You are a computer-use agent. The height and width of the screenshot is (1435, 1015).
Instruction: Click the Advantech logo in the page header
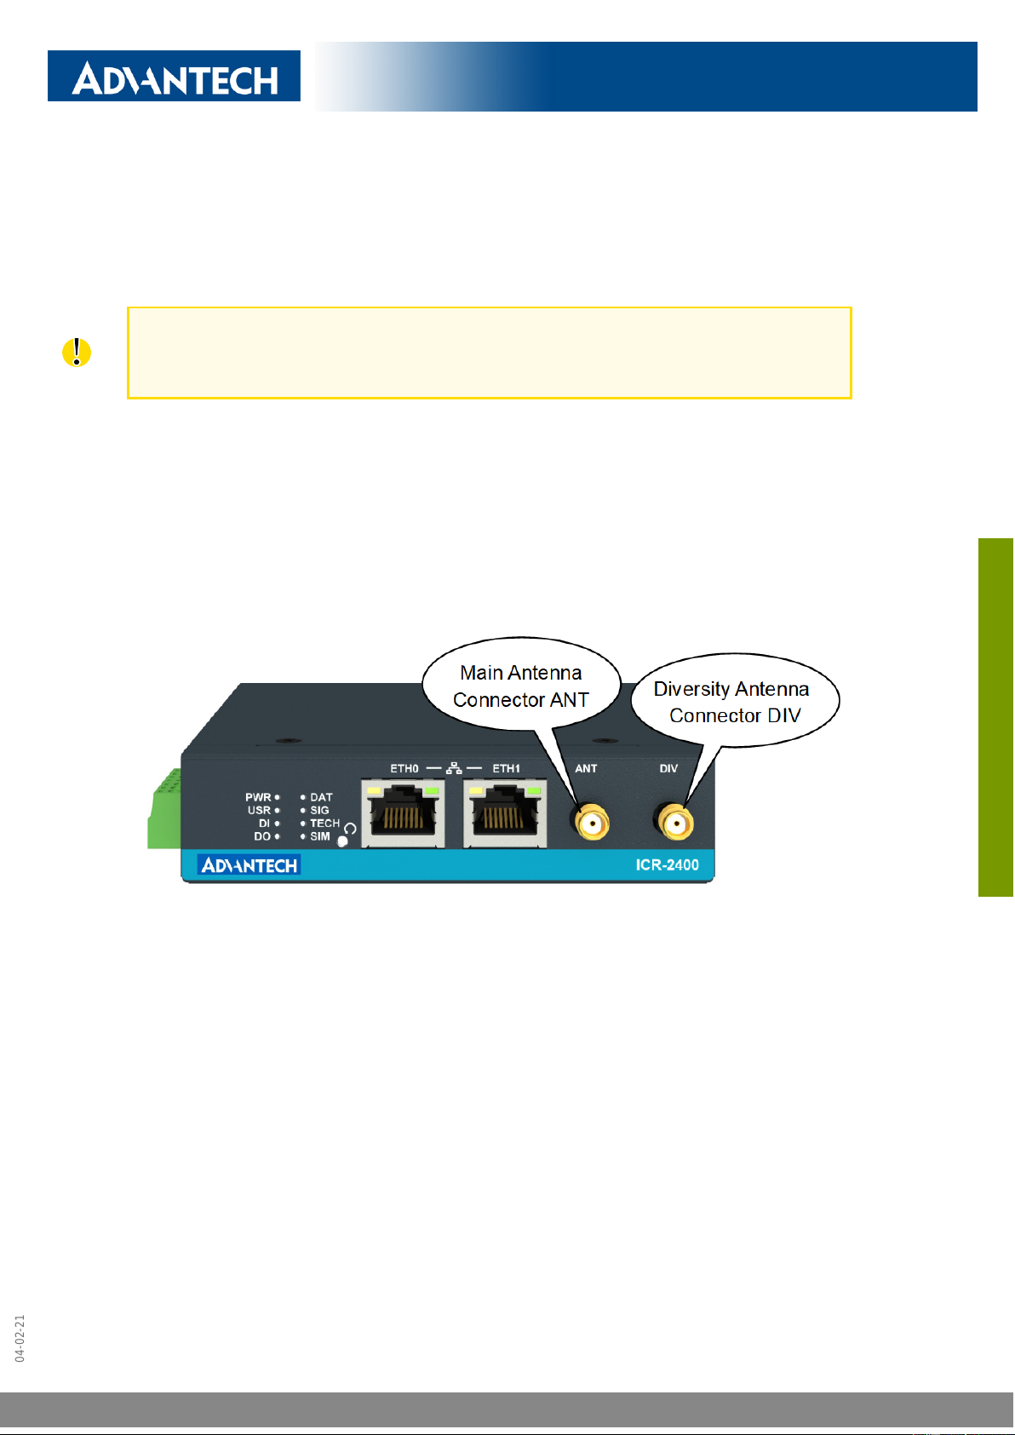(x=174, y=76)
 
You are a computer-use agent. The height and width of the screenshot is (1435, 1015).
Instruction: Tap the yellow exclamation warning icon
(x=76, y=353)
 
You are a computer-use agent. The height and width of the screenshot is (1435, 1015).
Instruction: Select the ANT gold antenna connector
(x=592, y=823)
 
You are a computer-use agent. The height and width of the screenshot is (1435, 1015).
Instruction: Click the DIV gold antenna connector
(x=675, y=823)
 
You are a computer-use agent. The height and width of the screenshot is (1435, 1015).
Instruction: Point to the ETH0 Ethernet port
(x=403, y=813)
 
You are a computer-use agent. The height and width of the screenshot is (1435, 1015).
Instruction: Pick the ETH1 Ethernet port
(x=505, y=813)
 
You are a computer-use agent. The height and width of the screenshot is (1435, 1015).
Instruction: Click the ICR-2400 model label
(x=667, y=865)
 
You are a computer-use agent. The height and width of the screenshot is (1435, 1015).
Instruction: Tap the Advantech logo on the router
(x=249, y=865)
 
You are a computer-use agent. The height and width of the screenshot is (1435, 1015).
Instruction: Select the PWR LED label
(x=258, y=797)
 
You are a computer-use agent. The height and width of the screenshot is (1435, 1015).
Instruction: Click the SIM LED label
(x=320, y=836)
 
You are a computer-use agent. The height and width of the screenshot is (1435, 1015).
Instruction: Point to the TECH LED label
(x=324, y=824)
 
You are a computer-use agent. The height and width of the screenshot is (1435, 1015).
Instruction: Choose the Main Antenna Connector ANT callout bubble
(x=521, y=685)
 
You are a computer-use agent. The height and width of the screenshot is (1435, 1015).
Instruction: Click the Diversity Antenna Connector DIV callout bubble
(x=735, y=701)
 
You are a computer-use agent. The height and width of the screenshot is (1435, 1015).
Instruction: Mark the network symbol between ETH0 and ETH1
(x=454, y=767)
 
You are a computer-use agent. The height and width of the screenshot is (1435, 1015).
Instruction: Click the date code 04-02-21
(x=20, y=1338)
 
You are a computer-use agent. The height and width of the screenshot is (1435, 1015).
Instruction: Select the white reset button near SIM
(x=342, y=841)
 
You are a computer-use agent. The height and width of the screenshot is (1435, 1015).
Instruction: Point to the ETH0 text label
(x=404, y=768)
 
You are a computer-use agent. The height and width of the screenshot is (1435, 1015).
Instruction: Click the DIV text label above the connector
(x=668, y=768)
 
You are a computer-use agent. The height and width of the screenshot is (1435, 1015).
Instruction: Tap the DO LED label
(x=262, y=836)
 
